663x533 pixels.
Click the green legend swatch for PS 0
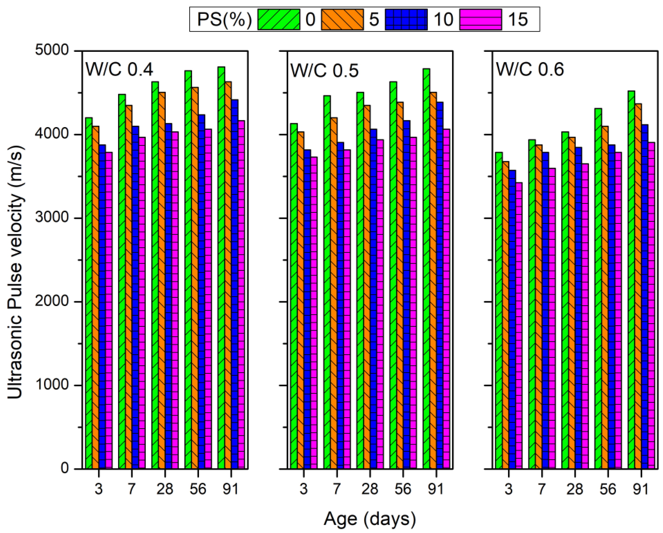click(x=279, y=19)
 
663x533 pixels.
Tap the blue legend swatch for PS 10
click(x=406, y=19)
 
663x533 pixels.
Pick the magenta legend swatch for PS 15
click(x=480, y=19)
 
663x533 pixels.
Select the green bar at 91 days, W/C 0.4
click(x=221, y=268)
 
